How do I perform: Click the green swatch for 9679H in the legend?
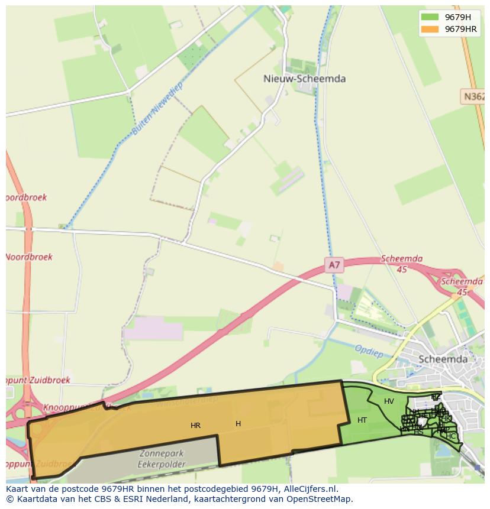point(430,17)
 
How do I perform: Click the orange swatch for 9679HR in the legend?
point(430,29)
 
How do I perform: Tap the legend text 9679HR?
point(460,29)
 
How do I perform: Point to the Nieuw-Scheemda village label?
point(304,79)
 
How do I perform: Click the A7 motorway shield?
point(334,265)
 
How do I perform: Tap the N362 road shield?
point(473,96)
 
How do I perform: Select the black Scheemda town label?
point(443,359)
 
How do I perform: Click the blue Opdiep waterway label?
point(369,350)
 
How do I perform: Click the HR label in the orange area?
point(195,425)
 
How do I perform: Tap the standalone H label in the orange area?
point(238,423)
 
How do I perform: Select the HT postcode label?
point(362,420)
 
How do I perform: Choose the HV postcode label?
point(389,401)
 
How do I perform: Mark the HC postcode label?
point(451,436)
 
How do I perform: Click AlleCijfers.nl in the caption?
point(309,489)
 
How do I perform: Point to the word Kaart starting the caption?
point(18,489)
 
